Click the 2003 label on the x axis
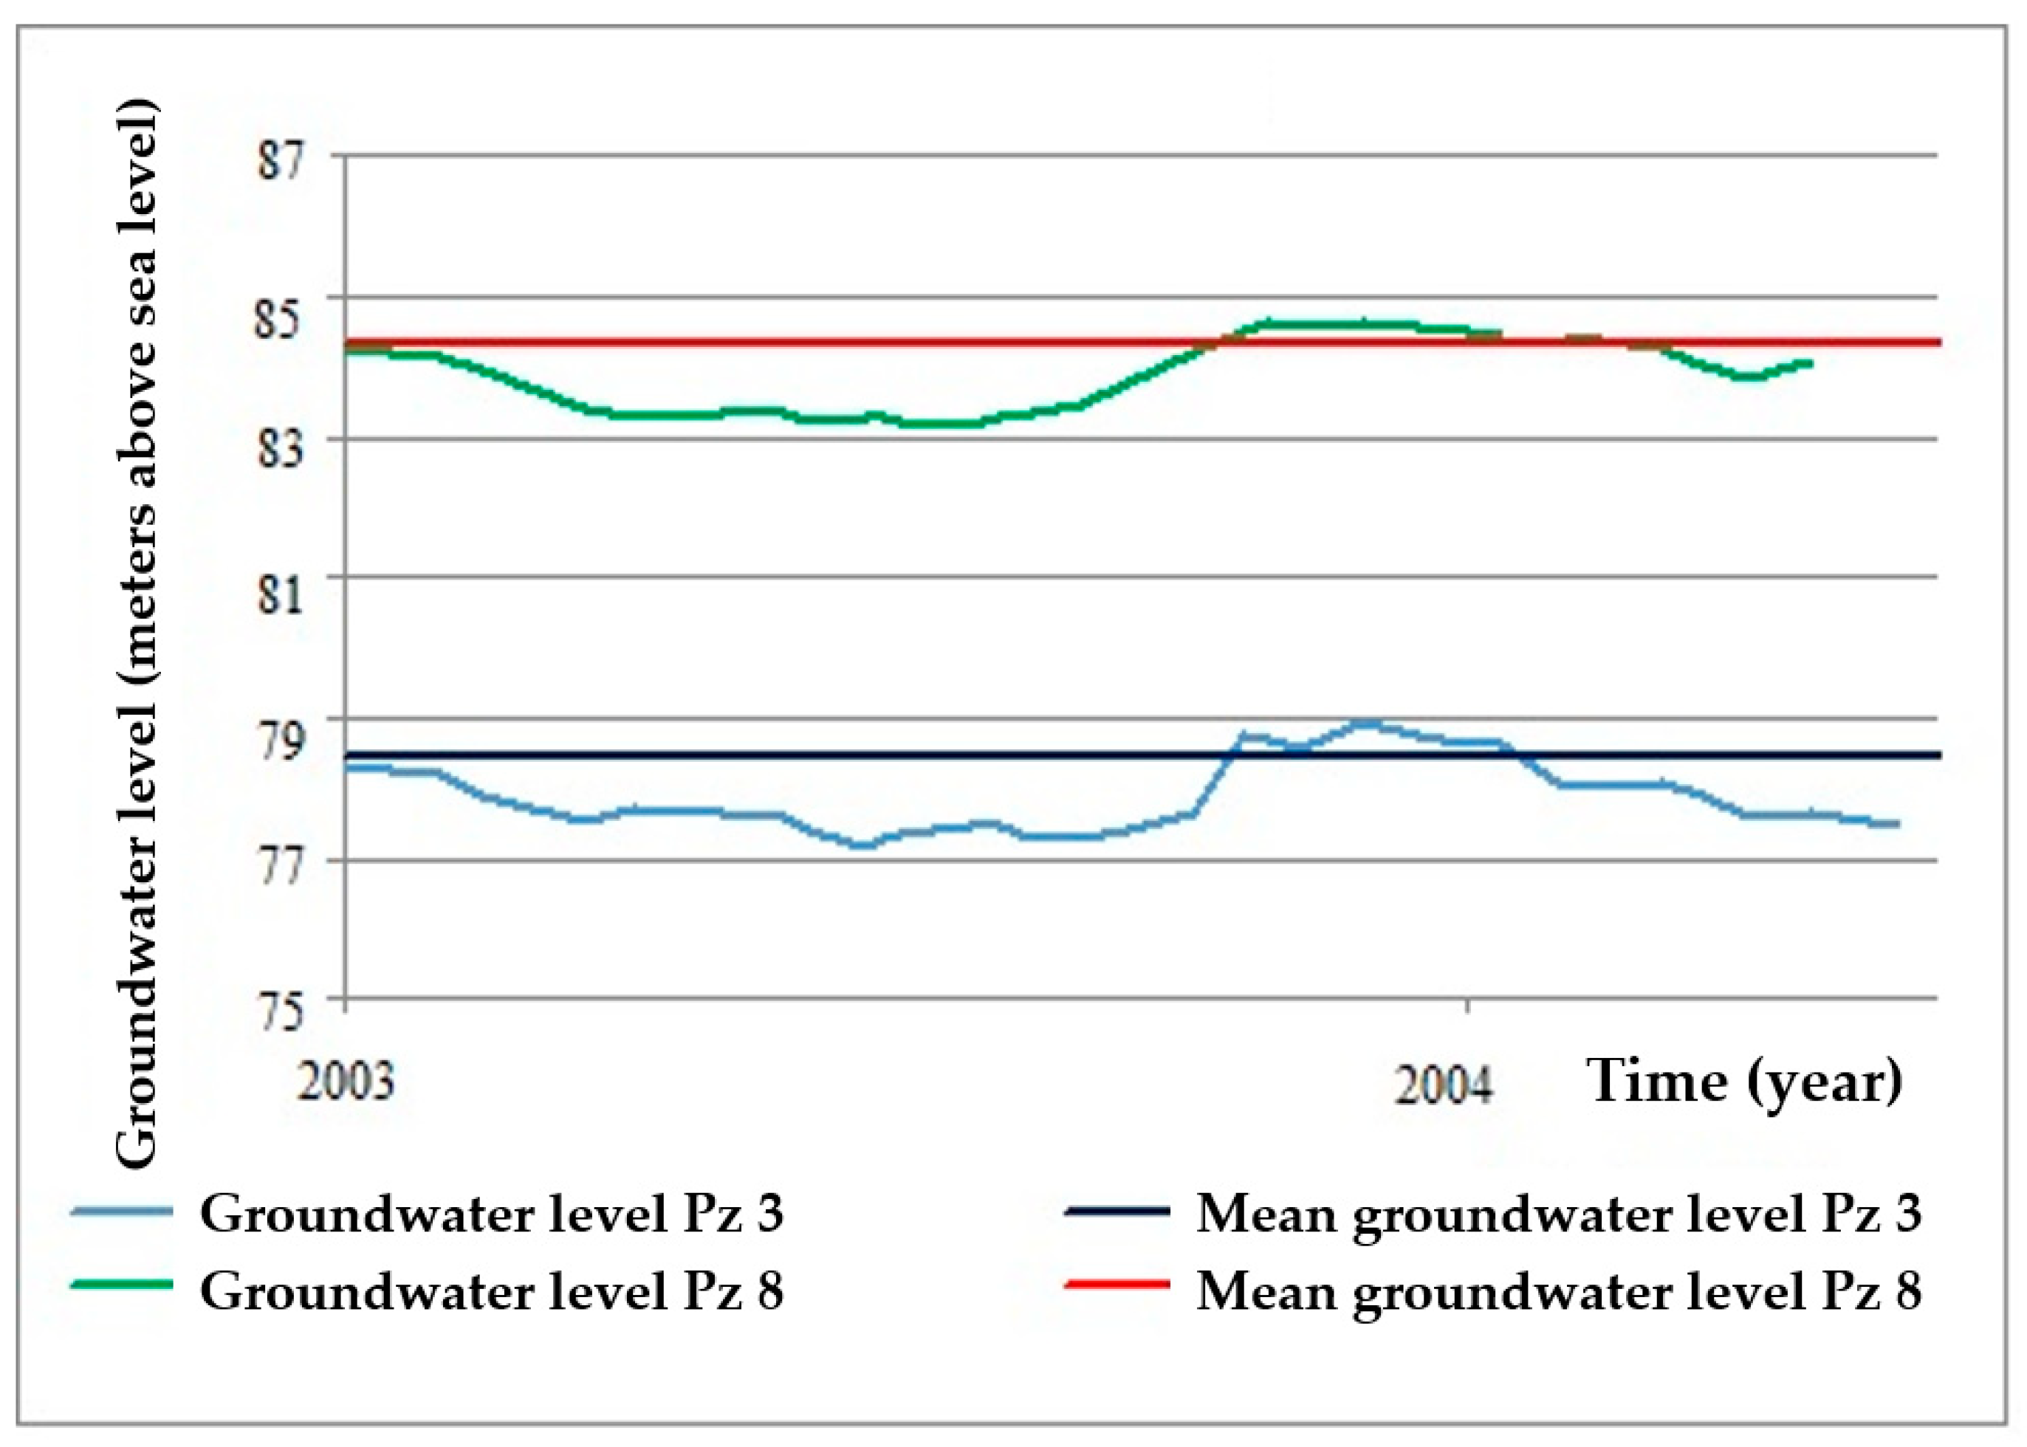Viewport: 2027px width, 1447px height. (346, 1082)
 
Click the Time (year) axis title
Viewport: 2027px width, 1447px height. (1743, 1082)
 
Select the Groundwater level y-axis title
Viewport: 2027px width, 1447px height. (137, 633)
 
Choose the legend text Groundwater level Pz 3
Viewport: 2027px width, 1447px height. (492, 1214)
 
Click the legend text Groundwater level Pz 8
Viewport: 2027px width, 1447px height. (492, 1291)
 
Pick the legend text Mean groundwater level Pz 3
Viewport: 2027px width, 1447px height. (1558, 1214)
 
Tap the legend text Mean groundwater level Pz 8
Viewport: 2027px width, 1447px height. (1558, 1291)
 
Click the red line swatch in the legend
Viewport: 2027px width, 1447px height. (1117, 1284)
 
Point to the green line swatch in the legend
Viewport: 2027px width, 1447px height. (121, 1284)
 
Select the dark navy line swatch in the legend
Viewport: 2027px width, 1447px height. (1117, 1211)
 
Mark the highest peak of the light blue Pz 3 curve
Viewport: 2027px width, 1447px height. (1366, 724)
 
